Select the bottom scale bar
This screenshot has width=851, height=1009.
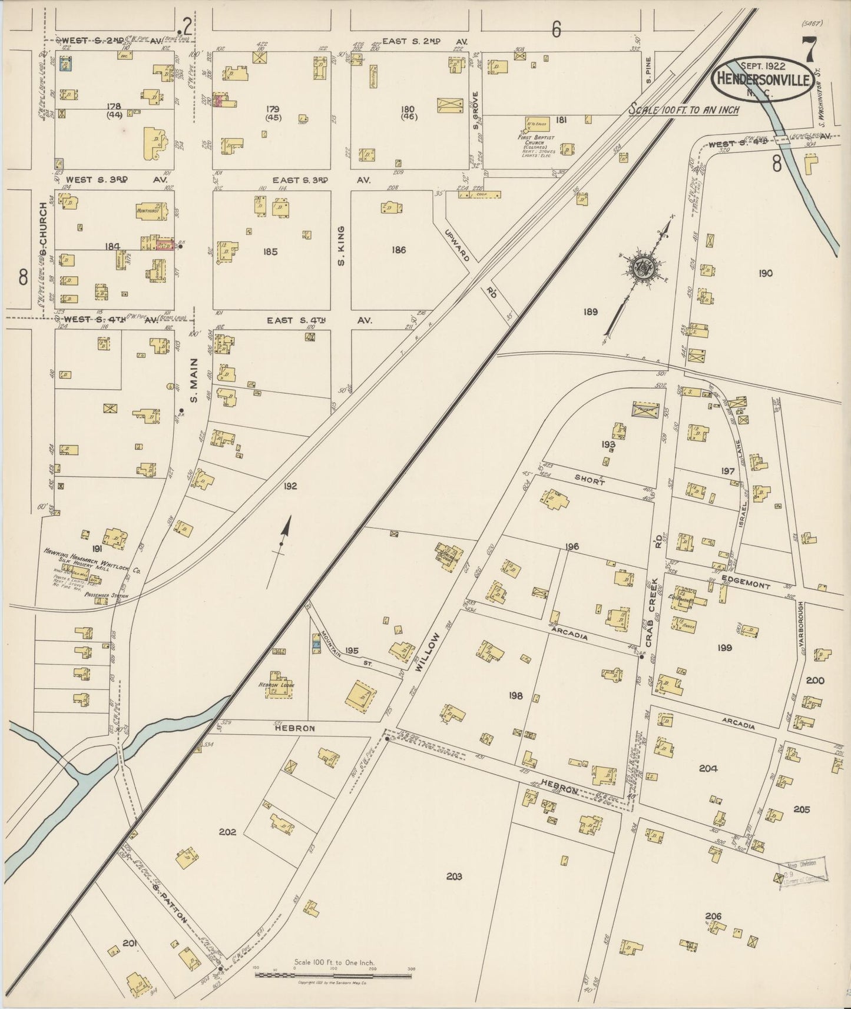click(333, 975)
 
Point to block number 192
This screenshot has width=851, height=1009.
click(290, 486)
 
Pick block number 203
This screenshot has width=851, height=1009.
click(453, 876)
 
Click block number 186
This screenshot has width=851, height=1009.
click(399, 250)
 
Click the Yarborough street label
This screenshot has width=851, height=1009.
click(802, 628)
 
